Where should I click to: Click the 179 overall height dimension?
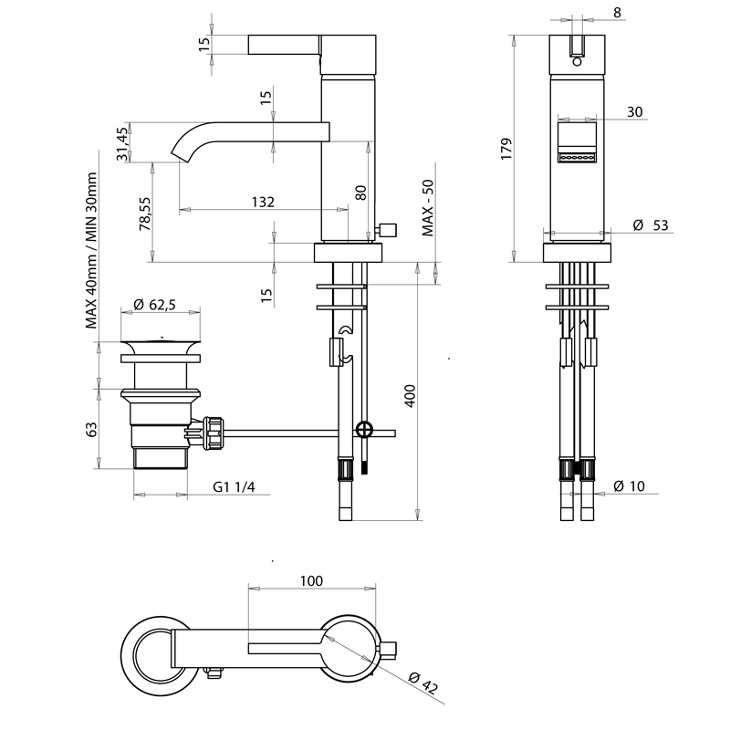point(506,149)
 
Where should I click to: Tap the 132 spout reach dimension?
point(263,202)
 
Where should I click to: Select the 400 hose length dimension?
point(410,396)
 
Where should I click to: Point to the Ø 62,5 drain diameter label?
point(154,305)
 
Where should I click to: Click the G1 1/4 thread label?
point(234,487)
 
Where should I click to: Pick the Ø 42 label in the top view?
point(423,683)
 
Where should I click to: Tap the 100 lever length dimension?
point(311,581)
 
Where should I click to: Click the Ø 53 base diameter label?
point(651,225)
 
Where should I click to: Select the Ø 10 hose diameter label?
point(629,486)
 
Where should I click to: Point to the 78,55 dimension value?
point(145,214)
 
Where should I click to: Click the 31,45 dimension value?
point(122,144)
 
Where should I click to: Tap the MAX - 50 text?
point(428,208)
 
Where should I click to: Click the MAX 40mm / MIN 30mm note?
point(91,250)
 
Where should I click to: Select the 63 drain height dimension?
point(92,429)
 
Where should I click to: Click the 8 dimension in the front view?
point(618,13)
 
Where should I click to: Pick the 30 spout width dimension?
point(634,111)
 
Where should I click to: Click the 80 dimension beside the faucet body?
point(360,193)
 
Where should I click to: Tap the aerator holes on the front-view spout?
point(578,158)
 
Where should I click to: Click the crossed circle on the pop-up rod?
point(364,429)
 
